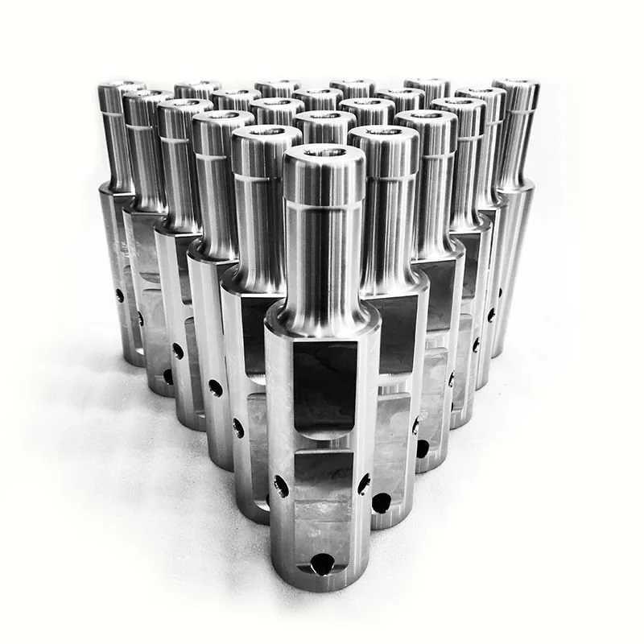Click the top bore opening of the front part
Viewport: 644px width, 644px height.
coord(324,152)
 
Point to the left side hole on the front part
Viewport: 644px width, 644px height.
coord(280,485)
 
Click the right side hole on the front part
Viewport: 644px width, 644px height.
coord(364,484)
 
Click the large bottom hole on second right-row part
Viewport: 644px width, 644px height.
coord(382,502)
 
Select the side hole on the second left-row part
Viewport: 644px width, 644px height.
coord(238,427)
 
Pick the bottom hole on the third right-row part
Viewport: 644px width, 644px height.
coord(423,448)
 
